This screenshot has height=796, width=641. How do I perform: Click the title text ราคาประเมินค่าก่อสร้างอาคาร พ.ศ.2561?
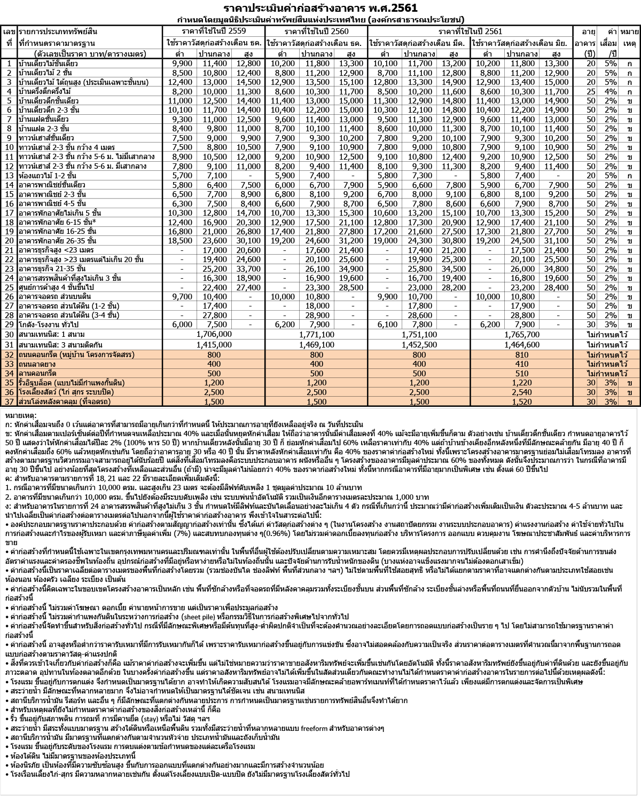pyautogui.click(x=320, y=8)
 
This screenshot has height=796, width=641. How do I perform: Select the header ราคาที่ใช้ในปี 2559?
pyautogui.click(x=214, y=31)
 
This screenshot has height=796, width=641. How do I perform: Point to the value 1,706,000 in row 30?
pyautogui.click(x=214, y=334)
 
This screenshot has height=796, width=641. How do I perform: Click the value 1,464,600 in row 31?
pyautogui.click(x=522, y=345)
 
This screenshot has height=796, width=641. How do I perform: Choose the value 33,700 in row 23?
pyautogui.click(x=248, y=269)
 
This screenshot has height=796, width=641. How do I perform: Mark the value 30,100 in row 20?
pyautogui.click(x=248, y=241)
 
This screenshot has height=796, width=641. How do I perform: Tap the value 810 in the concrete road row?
pyautogui.click(x=522, y=354)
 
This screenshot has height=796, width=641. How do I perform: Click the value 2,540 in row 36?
pyautogui.click(x=522, y=392)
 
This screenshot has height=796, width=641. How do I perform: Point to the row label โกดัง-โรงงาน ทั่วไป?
pyautogui.click(x=49, y=325)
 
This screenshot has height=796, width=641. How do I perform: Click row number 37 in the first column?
pyautogui.click(x=9, y=401)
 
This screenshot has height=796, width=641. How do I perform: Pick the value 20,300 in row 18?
pyautogui.click(x=248, y=222)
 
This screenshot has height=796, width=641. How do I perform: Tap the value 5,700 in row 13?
pyautogui.click(x=182, y=175)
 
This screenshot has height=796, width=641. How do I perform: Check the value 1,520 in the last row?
pyautogui.click(x=522, y=401)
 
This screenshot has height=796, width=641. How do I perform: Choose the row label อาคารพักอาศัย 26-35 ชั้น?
pyautogui.click(x=58, y=241)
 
